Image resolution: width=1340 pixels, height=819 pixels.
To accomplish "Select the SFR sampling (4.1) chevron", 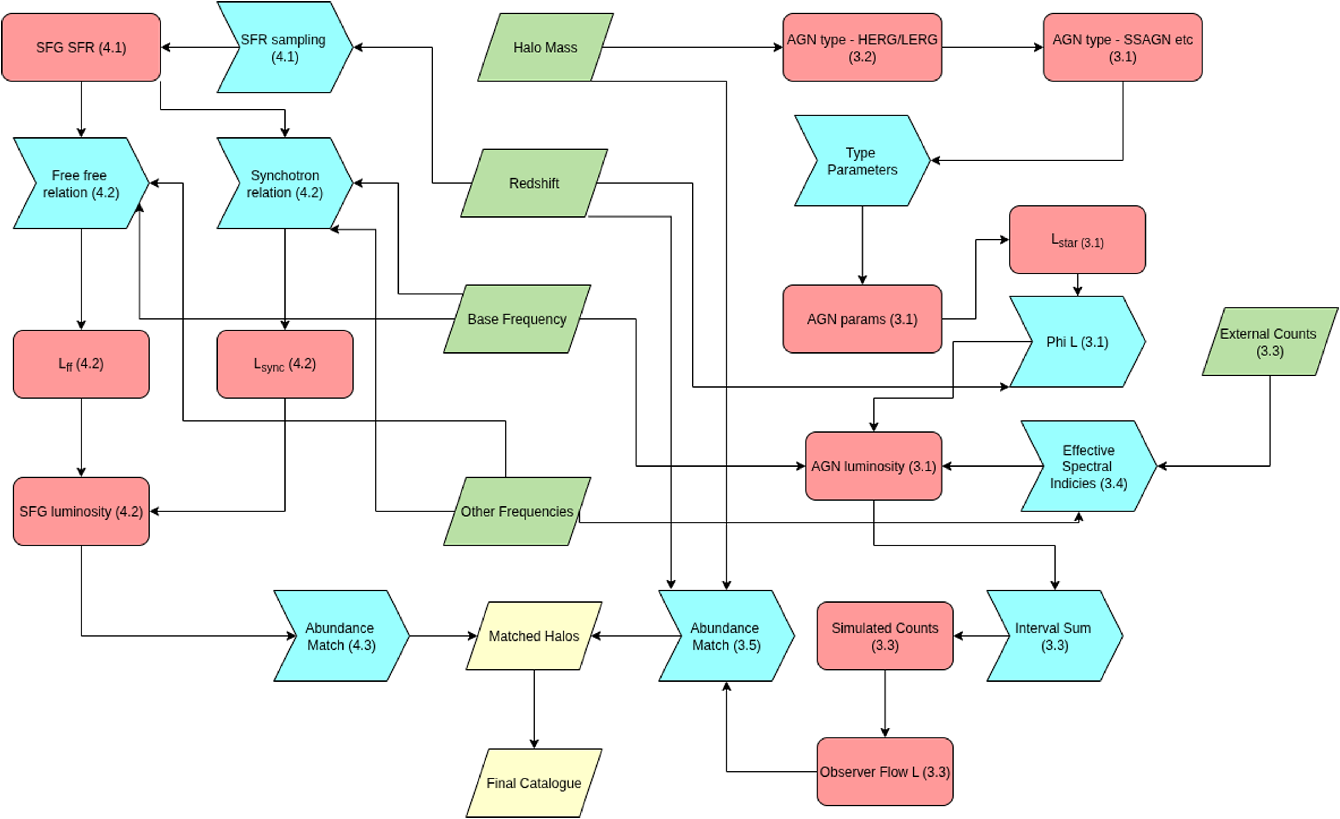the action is [285, 47].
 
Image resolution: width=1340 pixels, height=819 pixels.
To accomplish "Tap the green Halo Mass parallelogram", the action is [545, 47].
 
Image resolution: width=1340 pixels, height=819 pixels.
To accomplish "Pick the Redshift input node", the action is [534, 183].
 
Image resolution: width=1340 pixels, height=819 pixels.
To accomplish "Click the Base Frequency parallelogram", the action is [517, 319].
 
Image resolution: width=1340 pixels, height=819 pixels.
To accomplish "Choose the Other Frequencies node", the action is [517, 511].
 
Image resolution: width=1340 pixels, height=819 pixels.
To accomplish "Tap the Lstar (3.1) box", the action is [1077, 240].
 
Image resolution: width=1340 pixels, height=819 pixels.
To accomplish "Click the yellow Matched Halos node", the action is [534, 636].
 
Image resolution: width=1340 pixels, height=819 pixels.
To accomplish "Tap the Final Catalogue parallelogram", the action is [534, 783].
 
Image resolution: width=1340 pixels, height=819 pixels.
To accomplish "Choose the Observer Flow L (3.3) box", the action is [885, 772].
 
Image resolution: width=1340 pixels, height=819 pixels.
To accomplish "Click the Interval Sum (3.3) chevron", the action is [1055, 636].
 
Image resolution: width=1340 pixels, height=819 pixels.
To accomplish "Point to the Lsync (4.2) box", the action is [285, 364].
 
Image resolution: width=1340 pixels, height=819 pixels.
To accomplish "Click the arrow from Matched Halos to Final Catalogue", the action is [534, 709].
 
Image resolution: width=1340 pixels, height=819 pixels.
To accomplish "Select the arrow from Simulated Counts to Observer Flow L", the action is [885, 704].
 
